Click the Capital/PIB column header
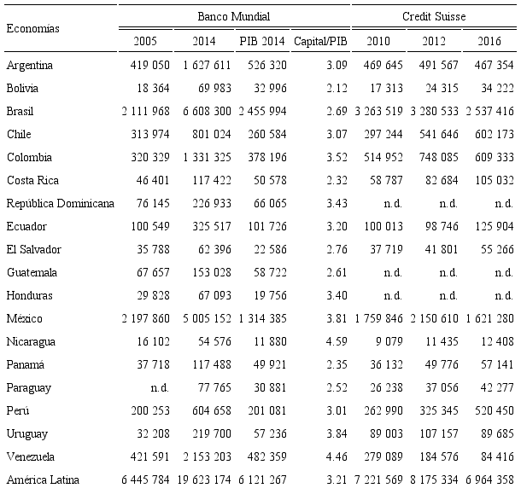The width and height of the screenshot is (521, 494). pyautogui.click(x=319, y=41)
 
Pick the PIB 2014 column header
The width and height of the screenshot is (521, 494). pyautogui.click(x=262, y=41)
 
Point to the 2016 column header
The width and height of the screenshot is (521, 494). pyautogui.click(x=490, y=41)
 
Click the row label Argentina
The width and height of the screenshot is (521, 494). pyautogui.click(x=29, y=65)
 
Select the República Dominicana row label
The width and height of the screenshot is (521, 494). pyautogui.click(x=60, y=203)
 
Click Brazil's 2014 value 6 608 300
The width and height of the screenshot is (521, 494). pyautogui.click(x=202, y=111)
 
